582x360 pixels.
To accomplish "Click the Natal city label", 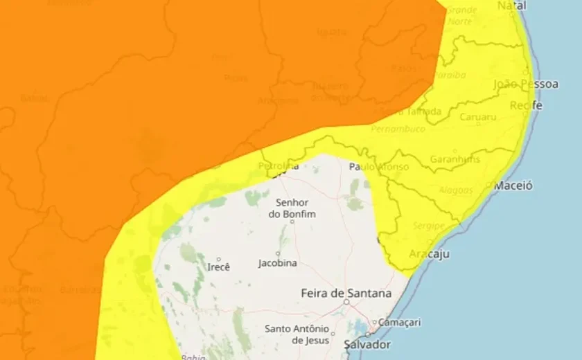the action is tap(512, 6).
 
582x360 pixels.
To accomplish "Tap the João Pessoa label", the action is tap(526, 84).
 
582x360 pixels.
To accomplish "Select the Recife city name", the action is tap(526, 105).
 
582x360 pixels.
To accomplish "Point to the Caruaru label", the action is tap(478, 117).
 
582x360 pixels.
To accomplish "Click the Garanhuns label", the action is tap(455, 159).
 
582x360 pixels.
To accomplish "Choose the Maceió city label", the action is tap(513, 186).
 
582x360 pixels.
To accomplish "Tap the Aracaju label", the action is tap(430, 254).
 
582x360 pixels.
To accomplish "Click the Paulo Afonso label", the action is tap(378, 167).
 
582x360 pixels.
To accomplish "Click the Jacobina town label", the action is tap(278, 263).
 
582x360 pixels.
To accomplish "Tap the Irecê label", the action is tap(218, 267).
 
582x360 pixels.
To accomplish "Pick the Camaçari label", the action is tap(401, 322).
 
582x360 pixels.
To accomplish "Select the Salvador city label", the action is tap(367, 344).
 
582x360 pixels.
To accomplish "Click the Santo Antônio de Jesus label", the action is tap(298, 334).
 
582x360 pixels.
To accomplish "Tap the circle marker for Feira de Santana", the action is tap(346, 303).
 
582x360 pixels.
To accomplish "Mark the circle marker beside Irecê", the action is tap(218, 259).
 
